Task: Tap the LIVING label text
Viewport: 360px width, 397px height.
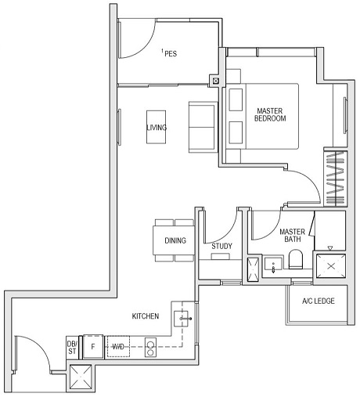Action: click(x=157, y=128)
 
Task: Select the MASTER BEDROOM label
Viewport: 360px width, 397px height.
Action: click(x=270, y=115)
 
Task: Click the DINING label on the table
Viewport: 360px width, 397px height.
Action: click(x=175, y=240)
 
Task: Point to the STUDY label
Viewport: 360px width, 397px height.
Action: click(x=221, y=247)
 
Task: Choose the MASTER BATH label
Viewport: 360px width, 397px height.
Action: click(x=293, y=236)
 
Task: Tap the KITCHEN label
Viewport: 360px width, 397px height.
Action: click(x=146, y=317)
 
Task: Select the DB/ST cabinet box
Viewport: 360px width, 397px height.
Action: click(x=72, y=345)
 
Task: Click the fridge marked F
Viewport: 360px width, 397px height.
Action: click(x=93, y=345)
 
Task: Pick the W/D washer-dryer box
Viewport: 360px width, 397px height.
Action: click(x=118, y=345)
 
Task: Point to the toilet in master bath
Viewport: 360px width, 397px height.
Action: click(x=296, y=259)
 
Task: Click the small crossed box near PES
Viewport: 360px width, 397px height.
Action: click(x=215, y=79)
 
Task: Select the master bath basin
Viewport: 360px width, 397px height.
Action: click(x=274, y=264)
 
